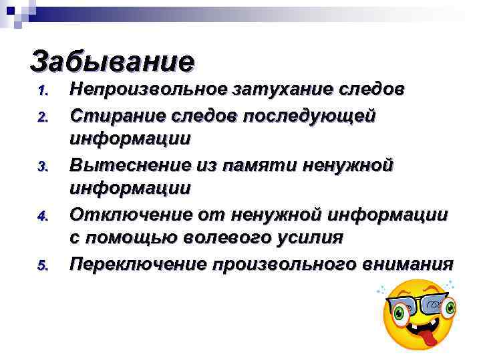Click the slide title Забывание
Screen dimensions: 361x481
tap(112, 61)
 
